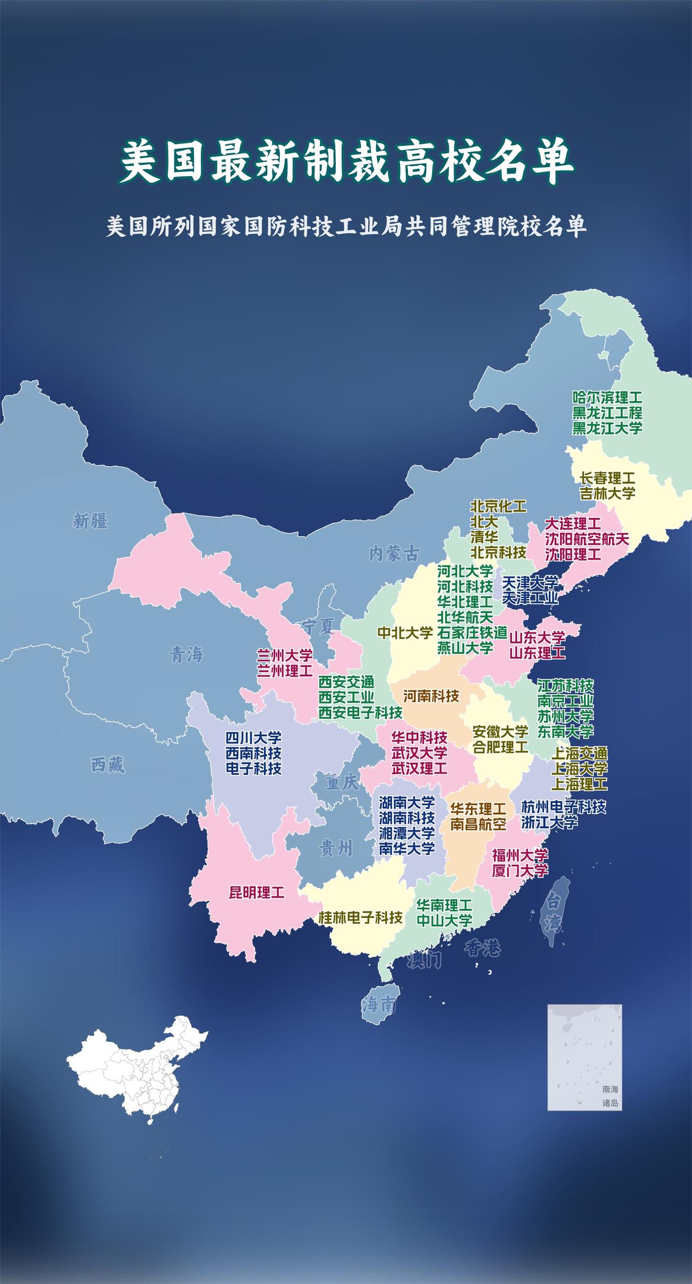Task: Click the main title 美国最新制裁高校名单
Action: click(x=346, y=161)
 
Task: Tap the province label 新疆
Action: click(x=90, y=522)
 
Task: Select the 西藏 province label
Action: click(x=108, y=765)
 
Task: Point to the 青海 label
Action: click(x=186, y=655)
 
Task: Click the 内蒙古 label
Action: click(x=394, y=553)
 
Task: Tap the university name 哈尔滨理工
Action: click(x=607, y=398)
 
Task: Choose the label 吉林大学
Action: click(x=607, y=493)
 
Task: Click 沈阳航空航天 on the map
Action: click(x=587, y=539)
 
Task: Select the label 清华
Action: click(x=484, y=537)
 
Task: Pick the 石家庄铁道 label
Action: click(x=472, y=632)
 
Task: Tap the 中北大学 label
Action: click(x=405, y=633)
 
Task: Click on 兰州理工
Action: click(x=284, y=671)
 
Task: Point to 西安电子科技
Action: click(x=360, y=712)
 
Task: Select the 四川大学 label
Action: click(x=254, y=738)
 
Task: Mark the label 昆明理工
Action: click(x=256, y=892)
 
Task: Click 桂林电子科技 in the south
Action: click(x=360, y=917)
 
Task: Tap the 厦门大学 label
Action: click(x=520, y=870)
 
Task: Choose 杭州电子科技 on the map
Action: click(x=563, y=807)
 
